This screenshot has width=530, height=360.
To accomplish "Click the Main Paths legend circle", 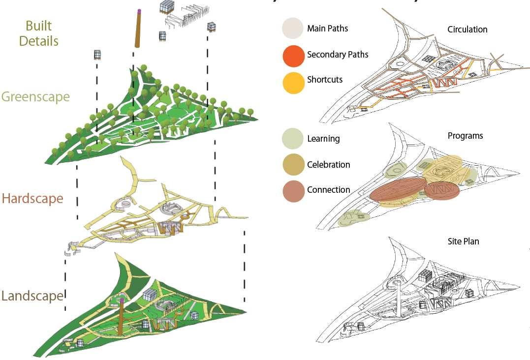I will [293, 29].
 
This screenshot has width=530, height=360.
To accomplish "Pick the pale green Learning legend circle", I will [293, 139].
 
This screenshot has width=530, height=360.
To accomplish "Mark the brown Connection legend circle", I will [293, 191].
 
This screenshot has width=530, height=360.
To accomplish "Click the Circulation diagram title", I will [467, 30].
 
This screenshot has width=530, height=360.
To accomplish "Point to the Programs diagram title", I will [465, 136].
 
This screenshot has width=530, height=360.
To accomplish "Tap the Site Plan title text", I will [463, 241].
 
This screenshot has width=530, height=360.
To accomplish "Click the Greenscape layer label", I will [35, 96].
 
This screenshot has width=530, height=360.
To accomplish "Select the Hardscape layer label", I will [32, 199].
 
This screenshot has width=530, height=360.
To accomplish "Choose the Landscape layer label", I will [32, 296].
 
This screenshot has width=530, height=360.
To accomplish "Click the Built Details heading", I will [38, 33].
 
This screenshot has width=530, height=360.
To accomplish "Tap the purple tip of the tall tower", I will [139, 10].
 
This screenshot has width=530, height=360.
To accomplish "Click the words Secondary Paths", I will [338, 55].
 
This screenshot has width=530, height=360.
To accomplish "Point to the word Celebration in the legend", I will [328, 165].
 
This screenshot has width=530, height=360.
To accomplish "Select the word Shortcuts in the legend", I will [325, 80].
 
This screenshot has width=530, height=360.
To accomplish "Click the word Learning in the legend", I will [323, 139].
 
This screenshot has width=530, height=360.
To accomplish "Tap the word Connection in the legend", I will [328, 190].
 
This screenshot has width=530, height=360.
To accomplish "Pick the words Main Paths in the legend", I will [327, 29].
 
